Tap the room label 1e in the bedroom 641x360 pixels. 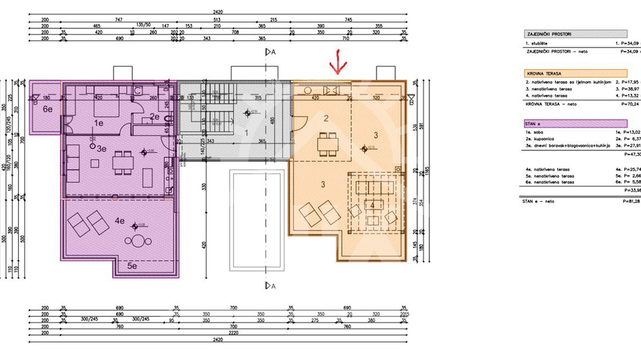98,123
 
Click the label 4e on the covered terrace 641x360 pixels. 120,220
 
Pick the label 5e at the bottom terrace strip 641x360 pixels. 132,266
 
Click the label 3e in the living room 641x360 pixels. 102,148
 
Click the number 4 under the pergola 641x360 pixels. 371,205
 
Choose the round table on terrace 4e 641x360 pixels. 137,241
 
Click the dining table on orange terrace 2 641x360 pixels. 327,143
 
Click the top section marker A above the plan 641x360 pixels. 270,51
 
